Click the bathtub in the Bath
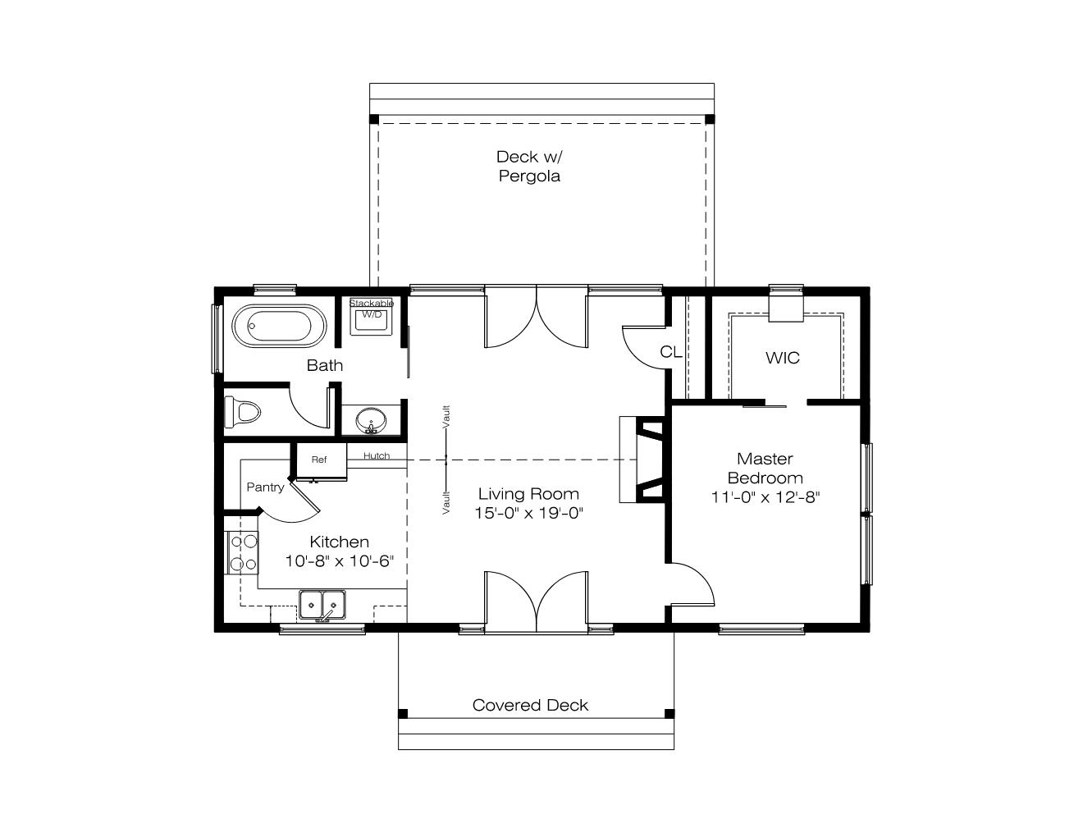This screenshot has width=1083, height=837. coord(279,326)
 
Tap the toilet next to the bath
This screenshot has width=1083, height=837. coord(243,412)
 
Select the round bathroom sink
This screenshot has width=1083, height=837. coord(371,421)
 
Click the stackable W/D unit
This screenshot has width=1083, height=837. coord(371,317)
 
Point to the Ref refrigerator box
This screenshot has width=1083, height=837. coord(319,460)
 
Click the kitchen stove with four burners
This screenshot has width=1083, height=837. coord(243,553)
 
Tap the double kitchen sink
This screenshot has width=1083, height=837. coord(322,605)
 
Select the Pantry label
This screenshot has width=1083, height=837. coord(265,487)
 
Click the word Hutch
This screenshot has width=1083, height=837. coord(377,455)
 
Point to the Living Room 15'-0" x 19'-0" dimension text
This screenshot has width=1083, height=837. coord(529,513)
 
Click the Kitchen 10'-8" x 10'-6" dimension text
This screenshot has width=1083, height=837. coord(340,560)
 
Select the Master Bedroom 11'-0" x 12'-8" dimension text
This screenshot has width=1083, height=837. coord(765,497)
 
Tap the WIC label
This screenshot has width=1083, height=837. coord(783,358)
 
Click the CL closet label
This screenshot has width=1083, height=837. coord(670,352)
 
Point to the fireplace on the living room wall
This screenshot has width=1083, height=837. coord(642,460)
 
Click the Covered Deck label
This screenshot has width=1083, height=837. coord(530,705)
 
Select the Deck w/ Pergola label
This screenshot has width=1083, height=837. coord(529,166)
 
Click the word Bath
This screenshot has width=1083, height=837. coord(325,365)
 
